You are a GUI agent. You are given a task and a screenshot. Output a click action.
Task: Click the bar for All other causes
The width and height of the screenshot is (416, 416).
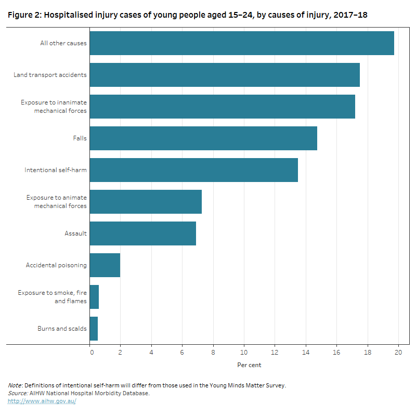[x=242, y=43]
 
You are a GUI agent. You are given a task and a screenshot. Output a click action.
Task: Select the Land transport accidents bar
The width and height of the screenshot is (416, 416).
[x=225, y=75]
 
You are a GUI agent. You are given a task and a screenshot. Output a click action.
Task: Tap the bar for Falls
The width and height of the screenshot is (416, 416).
[x=203, y=138]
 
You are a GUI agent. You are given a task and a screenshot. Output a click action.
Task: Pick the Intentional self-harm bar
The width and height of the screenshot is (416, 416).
[x=194, y=170]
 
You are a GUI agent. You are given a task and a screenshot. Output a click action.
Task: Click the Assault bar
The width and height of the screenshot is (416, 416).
[x=143, y=233]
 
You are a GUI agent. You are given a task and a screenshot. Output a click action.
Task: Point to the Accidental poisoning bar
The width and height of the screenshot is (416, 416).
[x=105, y=265]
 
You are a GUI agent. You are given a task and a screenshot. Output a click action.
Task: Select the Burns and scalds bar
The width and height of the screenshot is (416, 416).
[x=94, y=329]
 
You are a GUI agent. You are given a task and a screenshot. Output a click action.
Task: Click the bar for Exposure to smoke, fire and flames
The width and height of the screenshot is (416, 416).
[x=95, y=297]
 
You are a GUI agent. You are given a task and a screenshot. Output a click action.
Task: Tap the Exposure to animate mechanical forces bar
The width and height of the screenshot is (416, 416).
[x=146, y=202]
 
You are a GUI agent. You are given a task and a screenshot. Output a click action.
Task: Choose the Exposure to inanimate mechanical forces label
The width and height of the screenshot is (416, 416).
[x=54, y=107]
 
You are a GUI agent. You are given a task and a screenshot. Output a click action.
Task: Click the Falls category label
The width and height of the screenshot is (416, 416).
[x=80, y=138]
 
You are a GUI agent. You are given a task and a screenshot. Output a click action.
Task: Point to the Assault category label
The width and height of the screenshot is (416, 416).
[x=76, y=233]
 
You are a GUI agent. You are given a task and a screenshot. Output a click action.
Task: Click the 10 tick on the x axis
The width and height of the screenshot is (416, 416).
[x=244, y=352]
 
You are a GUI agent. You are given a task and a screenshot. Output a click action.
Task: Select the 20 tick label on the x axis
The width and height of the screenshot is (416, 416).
[x=399, y=352]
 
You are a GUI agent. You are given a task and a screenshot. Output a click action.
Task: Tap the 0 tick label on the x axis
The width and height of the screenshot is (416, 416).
[x=92, y=352]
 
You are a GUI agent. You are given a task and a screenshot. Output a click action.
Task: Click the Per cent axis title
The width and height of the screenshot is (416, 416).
[x=249, y=365]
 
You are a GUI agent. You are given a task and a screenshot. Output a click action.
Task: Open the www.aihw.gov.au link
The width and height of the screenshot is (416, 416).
[x=42, y=401]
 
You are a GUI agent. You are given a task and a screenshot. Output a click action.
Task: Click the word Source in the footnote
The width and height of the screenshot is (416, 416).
[x=18, y=393]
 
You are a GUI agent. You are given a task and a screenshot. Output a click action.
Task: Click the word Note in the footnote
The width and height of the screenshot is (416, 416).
[x=15, y=385]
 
